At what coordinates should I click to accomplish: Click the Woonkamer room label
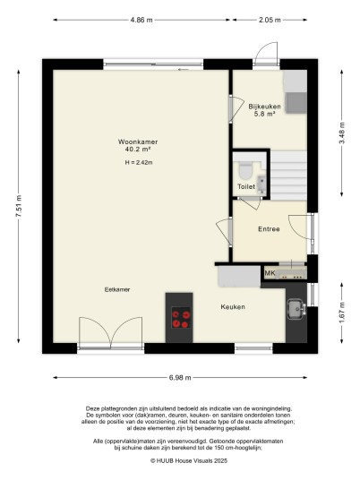coord(138,141)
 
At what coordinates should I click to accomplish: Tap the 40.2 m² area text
coord(138,150)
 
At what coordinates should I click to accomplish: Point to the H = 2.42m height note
coord(139,163)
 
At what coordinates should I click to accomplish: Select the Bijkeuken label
coord(264,107)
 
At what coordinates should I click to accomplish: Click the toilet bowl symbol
coord(244,171)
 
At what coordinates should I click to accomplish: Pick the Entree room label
coord(269,229)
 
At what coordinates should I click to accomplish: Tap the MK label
coord(270,273)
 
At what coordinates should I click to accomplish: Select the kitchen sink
coord(296,309)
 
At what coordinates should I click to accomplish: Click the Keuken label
coord(233,307)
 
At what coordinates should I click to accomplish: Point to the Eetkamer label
coord(117,289)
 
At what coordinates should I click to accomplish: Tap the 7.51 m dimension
coord(19,206)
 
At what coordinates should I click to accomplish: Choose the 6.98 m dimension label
coord(180,378)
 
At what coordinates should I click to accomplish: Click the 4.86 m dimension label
coord(141,20)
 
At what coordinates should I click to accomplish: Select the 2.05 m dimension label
coord(270,20)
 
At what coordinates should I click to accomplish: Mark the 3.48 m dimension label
coord(342,133)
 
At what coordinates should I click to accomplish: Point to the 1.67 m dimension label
coord(342,313)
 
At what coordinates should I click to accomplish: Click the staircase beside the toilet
coord(288,176)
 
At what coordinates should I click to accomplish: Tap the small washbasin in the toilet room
coord(261,184)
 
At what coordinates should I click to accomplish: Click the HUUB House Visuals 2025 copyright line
coord(189,460)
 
